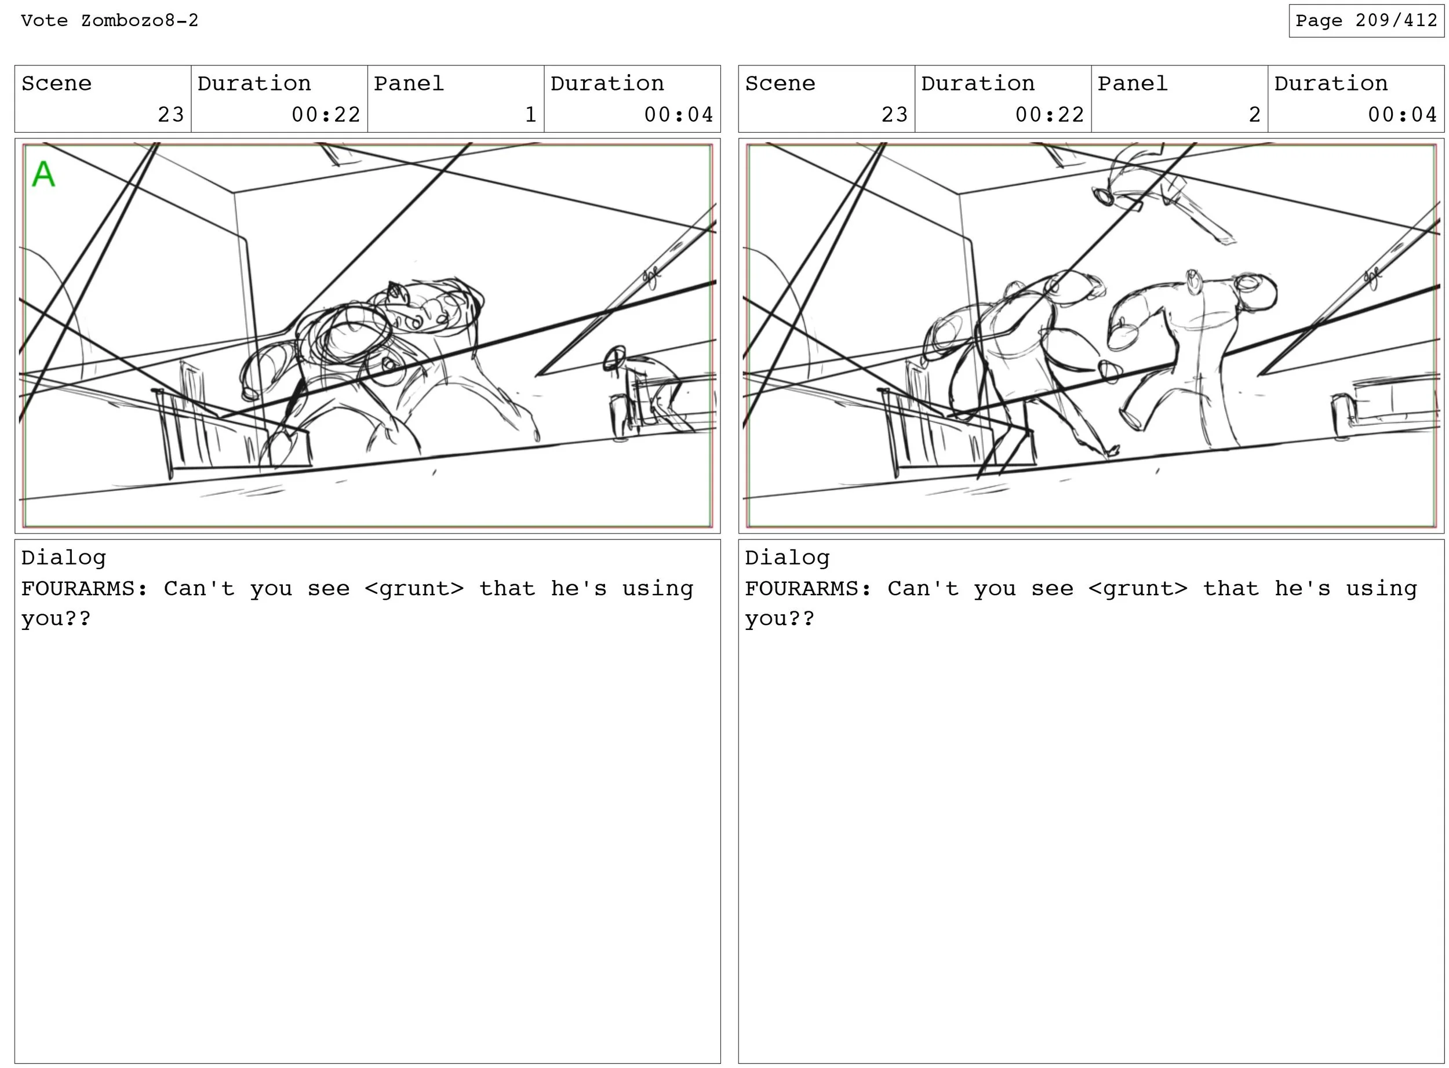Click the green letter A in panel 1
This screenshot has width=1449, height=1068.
43,174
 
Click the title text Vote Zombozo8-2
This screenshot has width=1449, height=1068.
110,21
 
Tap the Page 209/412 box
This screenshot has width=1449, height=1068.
1366,21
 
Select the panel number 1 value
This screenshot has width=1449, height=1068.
530,114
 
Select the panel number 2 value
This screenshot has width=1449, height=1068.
1254,114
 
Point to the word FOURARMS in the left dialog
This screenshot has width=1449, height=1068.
78,588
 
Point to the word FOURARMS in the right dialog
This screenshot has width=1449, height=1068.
802,588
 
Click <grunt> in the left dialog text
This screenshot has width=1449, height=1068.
414,588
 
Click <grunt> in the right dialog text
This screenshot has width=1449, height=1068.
1137,588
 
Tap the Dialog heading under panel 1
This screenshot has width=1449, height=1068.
63,558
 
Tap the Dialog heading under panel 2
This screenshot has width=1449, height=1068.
787,558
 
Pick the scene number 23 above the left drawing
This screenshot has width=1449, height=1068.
171,114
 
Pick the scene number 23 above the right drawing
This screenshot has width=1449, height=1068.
894,114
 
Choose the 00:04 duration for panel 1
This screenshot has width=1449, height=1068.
678,114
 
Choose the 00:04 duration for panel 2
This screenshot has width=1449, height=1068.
1402,114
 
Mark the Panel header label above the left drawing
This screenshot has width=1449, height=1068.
409,83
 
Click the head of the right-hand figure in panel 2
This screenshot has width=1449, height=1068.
1255,292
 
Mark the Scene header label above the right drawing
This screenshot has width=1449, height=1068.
780,83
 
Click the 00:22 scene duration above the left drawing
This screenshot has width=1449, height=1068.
326,114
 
